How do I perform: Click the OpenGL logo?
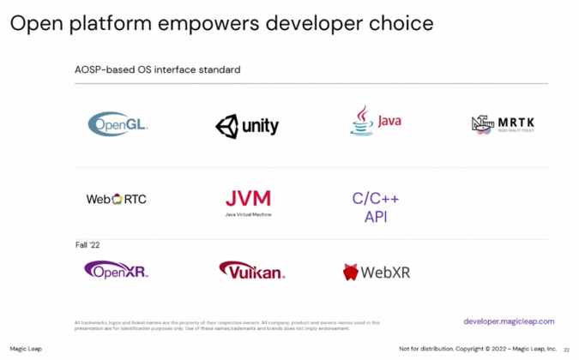coord(118,123)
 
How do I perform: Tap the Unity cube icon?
coord(226,127)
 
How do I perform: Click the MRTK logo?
coord(507,124)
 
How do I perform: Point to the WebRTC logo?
coord(117,199)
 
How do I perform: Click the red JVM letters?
coord(248,198)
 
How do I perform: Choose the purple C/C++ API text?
coord(376,207)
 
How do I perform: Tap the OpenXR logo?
coord(117,271)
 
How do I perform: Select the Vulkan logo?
coord(251,271)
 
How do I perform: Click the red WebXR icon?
coord(351,273)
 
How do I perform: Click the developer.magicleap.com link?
coord(509,321)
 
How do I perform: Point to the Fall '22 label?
coord(88,246)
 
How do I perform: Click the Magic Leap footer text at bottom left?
coord(26,349)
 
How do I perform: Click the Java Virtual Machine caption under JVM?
coord(248,214)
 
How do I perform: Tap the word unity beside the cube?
coord(260,127)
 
